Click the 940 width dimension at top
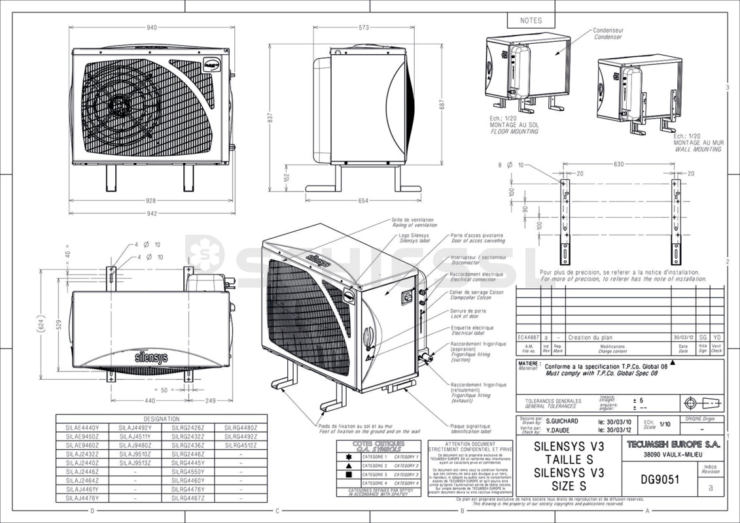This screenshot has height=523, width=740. pos(152,27)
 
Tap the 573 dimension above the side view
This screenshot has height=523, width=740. pos(364,27)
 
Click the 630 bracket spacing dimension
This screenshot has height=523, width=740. pos(618,165)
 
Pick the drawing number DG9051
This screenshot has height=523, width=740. pos(661,479)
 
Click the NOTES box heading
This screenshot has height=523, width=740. pos(531,21)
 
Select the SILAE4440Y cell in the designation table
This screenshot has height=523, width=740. pos(82,428)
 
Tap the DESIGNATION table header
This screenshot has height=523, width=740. pos(162,418)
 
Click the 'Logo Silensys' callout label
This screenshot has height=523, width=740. pos(414,235)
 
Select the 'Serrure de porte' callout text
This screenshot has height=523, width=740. pos(468,311)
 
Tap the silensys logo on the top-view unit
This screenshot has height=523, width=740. pos(151,358)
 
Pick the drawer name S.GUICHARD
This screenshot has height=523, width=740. pos(561,421)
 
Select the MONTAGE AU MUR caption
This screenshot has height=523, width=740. pos(698,143)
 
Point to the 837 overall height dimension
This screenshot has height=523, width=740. pos(268,117)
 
